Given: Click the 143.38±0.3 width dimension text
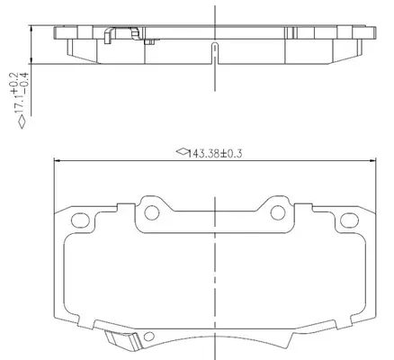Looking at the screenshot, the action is click(x=215, y=154).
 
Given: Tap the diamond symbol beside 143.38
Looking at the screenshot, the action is click(x=182, y=151).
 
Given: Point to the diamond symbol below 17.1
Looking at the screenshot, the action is click(x=22, y=122).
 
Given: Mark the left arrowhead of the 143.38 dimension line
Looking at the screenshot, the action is click(x=57, y=161).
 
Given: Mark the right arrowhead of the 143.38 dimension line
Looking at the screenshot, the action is click(x=372, y=161).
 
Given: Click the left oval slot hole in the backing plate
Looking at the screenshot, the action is click(x=80, y=220).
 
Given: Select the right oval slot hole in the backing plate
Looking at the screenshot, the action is click(x=349, y=220).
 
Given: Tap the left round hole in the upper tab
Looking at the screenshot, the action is click(x=152, y=212).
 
